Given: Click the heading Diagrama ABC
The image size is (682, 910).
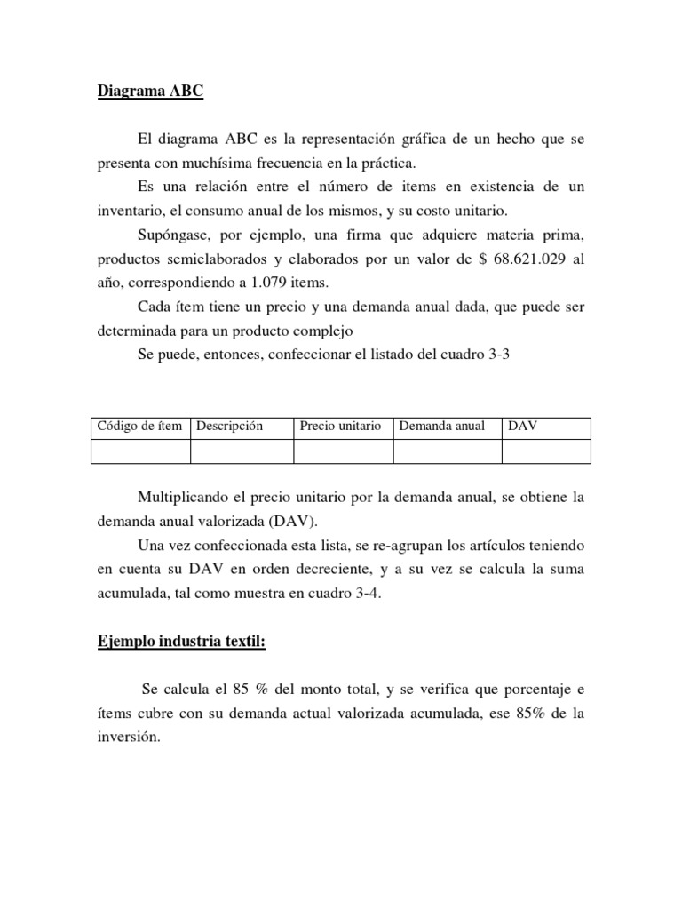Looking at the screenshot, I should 150,92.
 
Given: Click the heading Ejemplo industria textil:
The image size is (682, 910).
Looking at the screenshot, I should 181,643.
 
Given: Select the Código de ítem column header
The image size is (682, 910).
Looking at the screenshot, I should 140,427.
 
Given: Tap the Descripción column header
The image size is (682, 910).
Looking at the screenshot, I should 230,427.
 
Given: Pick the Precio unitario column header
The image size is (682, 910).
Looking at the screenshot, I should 341,427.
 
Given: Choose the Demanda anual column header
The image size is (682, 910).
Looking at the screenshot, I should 442,427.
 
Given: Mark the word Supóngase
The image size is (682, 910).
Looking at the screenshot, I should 174,235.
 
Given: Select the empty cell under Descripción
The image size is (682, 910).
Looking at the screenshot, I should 242,451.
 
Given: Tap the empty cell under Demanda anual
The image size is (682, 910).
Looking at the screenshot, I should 447,451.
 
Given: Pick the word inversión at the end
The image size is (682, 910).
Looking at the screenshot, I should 128,738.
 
